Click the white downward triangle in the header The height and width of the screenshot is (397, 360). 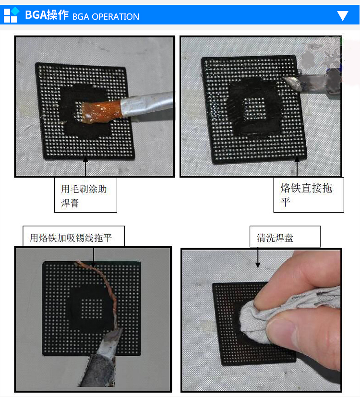tap(343, 15)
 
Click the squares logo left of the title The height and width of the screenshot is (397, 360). tap(12, 15)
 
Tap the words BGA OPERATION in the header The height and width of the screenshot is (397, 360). tap(106, 17)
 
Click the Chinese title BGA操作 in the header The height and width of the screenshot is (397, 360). tap(47, 15)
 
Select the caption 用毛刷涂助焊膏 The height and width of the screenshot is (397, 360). tap(84, 196)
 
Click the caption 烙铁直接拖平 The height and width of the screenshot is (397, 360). tap(306, 195)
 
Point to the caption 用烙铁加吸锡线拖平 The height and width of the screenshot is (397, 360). tap(71, 238)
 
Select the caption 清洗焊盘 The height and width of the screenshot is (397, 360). tap(275, 238)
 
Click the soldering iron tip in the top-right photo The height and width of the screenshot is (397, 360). tap(292, 84)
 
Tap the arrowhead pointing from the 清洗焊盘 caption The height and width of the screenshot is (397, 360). tap(258, 265)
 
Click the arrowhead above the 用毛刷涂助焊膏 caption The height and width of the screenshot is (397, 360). tap(85, 159)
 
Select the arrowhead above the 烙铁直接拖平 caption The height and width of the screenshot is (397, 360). tap(297, 159)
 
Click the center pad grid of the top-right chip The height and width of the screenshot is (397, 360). tap(254, 108)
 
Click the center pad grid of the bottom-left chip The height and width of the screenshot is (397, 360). tap(92, 308)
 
